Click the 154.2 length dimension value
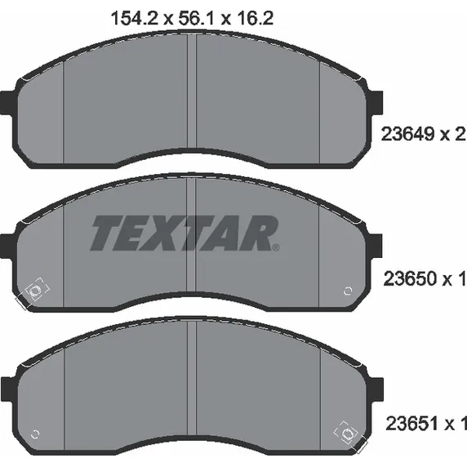tap(133, 19)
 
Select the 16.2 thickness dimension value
tap(256, 19)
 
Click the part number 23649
tap(407, 134)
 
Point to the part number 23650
tap(410, 278)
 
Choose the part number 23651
tap(412, 423)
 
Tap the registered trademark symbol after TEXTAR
tap(276, 247)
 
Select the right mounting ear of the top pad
tap(376, 102)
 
